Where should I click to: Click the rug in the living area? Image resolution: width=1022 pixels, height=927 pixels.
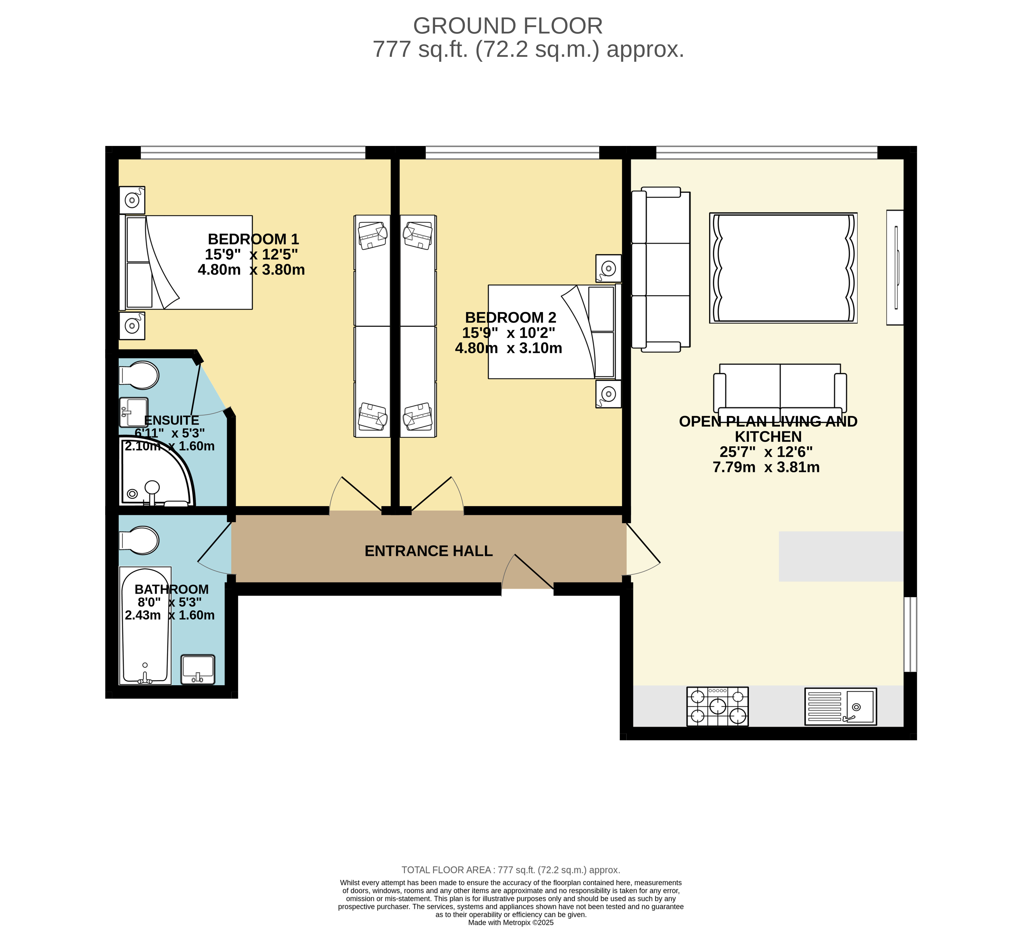[x=784, y=268]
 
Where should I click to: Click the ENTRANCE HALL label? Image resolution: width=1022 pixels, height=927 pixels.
[x=429, y=551]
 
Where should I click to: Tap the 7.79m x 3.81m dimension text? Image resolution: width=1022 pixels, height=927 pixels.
[x=766, y=467]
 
